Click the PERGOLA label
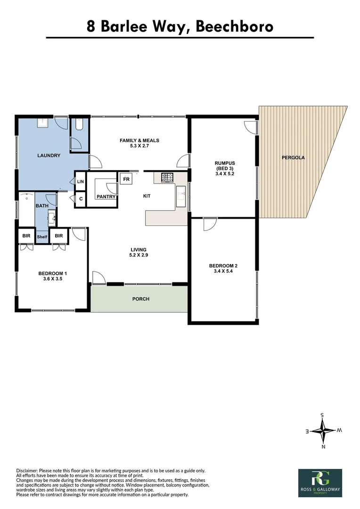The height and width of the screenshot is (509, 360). [293, 158]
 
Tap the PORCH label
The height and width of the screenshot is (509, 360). [140, 299]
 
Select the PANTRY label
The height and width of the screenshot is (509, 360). [106, 197]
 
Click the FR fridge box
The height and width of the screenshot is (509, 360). [126, 179]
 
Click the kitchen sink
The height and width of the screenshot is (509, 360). [181, 197]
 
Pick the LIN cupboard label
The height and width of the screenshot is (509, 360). [80, 181]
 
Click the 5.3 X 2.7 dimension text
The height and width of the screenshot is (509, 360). [139, 147]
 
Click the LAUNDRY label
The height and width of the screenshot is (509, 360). [49, 156]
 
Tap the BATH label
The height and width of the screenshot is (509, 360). [41, 206]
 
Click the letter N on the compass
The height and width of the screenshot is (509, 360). [323, 446]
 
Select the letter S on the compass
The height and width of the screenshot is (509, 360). [322, 415]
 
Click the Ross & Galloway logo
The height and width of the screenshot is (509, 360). [320, 483]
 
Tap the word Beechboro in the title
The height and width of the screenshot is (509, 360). [234, 26]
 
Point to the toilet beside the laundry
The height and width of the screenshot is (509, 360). [79, 124]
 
